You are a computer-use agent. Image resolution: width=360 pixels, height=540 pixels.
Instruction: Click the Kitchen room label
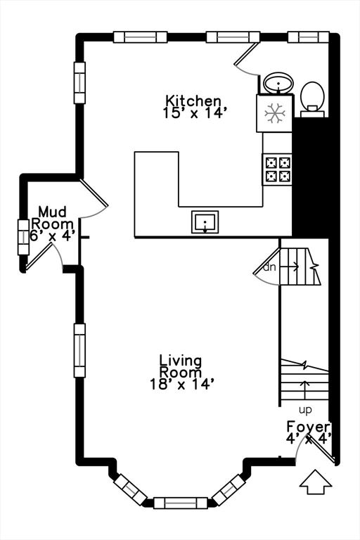[193, 101]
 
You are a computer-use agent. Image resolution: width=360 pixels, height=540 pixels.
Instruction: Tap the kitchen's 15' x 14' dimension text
[193, 113]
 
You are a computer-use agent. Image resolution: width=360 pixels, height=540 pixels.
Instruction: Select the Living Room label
[181, 366]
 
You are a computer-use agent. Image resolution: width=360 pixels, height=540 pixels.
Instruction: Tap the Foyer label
[308, 427]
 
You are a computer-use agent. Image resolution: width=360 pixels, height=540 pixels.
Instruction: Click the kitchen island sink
[205, 221]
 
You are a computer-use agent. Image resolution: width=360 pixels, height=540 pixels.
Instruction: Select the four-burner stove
[277, 169]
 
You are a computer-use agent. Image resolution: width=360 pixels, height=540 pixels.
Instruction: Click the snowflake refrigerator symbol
[274, 113]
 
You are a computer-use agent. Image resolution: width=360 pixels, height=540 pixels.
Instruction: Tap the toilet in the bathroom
[312, 99]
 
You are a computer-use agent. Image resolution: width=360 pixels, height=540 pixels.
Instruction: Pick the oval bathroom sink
[278, 83]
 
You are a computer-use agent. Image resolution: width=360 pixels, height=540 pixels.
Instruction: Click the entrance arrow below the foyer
[316, 482]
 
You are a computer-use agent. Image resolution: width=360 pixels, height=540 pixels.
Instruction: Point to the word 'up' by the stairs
[305, 410]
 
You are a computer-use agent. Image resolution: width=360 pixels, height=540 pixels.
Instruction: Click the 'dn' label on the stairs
[270, 267]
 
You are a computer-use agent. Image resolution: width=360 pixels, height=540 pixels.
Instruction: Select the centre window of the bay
[181, 503]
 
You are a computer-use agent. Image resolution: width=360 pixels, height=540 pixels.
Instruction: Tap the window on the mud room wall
[23, 237]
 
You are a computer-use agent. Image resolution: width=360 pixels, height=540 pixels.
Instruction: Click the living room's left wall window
[79, 351]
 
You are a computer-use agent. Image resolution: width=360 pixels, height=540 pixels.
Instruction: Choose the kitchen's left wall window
[79, 83]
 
